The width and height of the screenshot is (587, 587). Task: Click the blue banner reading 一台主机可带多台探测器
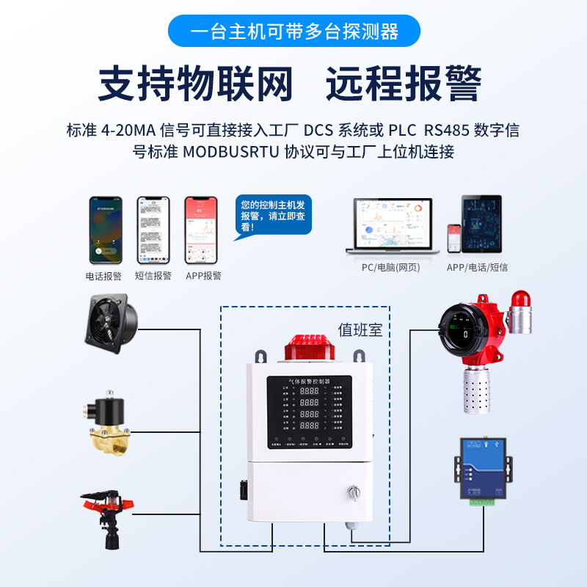(x=293, y=32)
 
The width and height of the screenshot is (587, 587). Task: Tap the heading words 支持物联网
(x=196, y=83)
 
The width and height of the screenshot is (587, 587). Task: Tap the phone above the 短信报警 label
(x=153, y=230)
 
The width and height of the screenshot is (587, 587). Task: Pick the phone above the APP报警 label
(x=201, y=230)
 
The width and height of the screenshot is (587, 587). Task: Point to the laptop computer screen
(x=393, y=222)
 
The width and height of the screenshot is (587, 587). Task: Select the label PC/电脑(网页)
(x=390, y=268)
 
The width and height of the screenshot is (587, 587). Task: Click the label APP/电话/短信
(x=477, y=268)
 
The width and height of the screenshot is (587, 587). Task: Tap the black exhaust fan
(x=112, y=323)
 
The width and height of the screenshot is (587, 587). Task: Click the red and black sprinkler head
(x=109, y=514)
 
